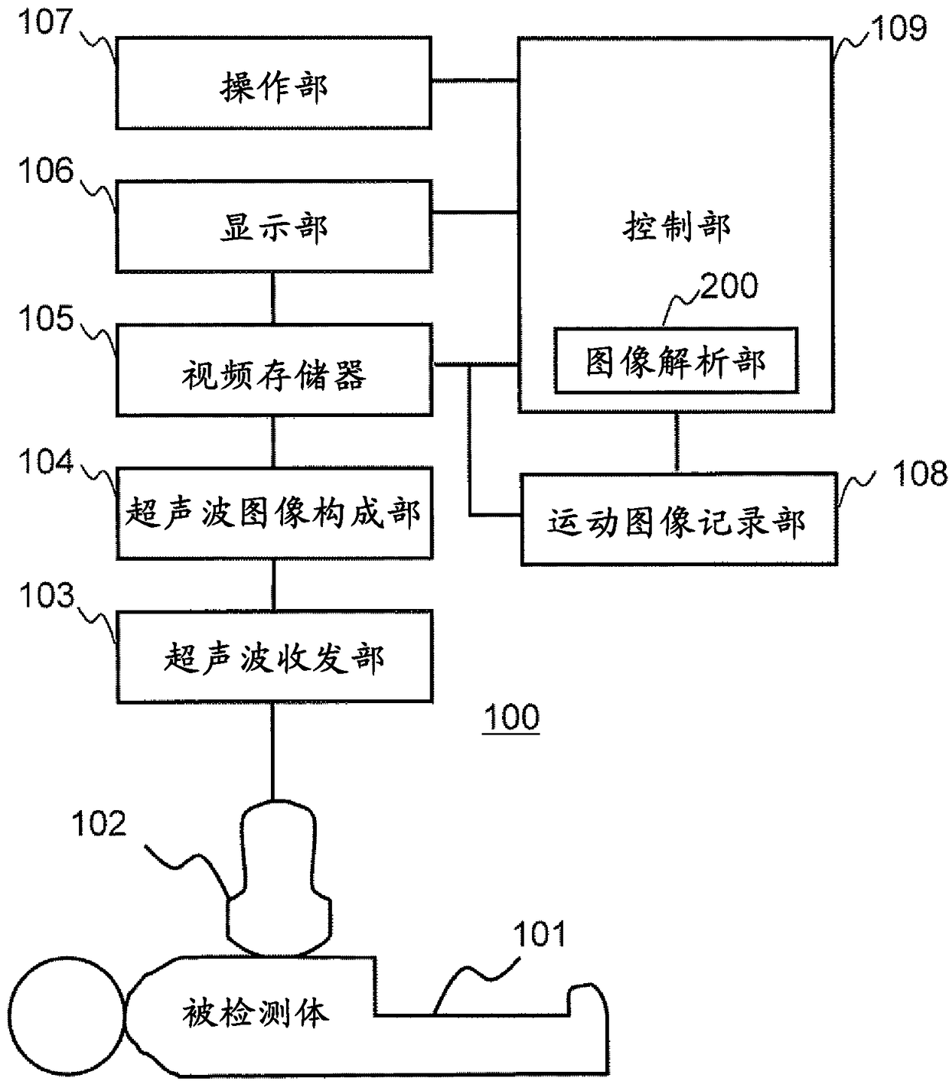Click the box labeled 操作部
click(273, 83)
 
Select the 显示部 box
click(274, 226)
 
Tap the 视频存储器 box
click(274, 370)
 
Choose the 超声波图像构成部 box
click(274, 513)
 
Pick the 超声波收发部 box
click(274, 657)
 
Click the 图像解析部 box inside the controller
click(676, 361)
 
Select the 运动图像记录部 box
click(678, 519)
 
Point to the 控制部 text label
click(677, 226)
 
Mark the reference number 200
click(729, 285)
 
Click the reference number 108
click(920, 474)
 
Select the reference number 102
click(99, 823)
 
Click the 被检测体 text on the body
click(255, 1013)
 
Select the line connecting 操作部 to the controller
click(475, 80)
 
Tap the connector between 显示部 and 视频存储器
click(273, 298)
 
